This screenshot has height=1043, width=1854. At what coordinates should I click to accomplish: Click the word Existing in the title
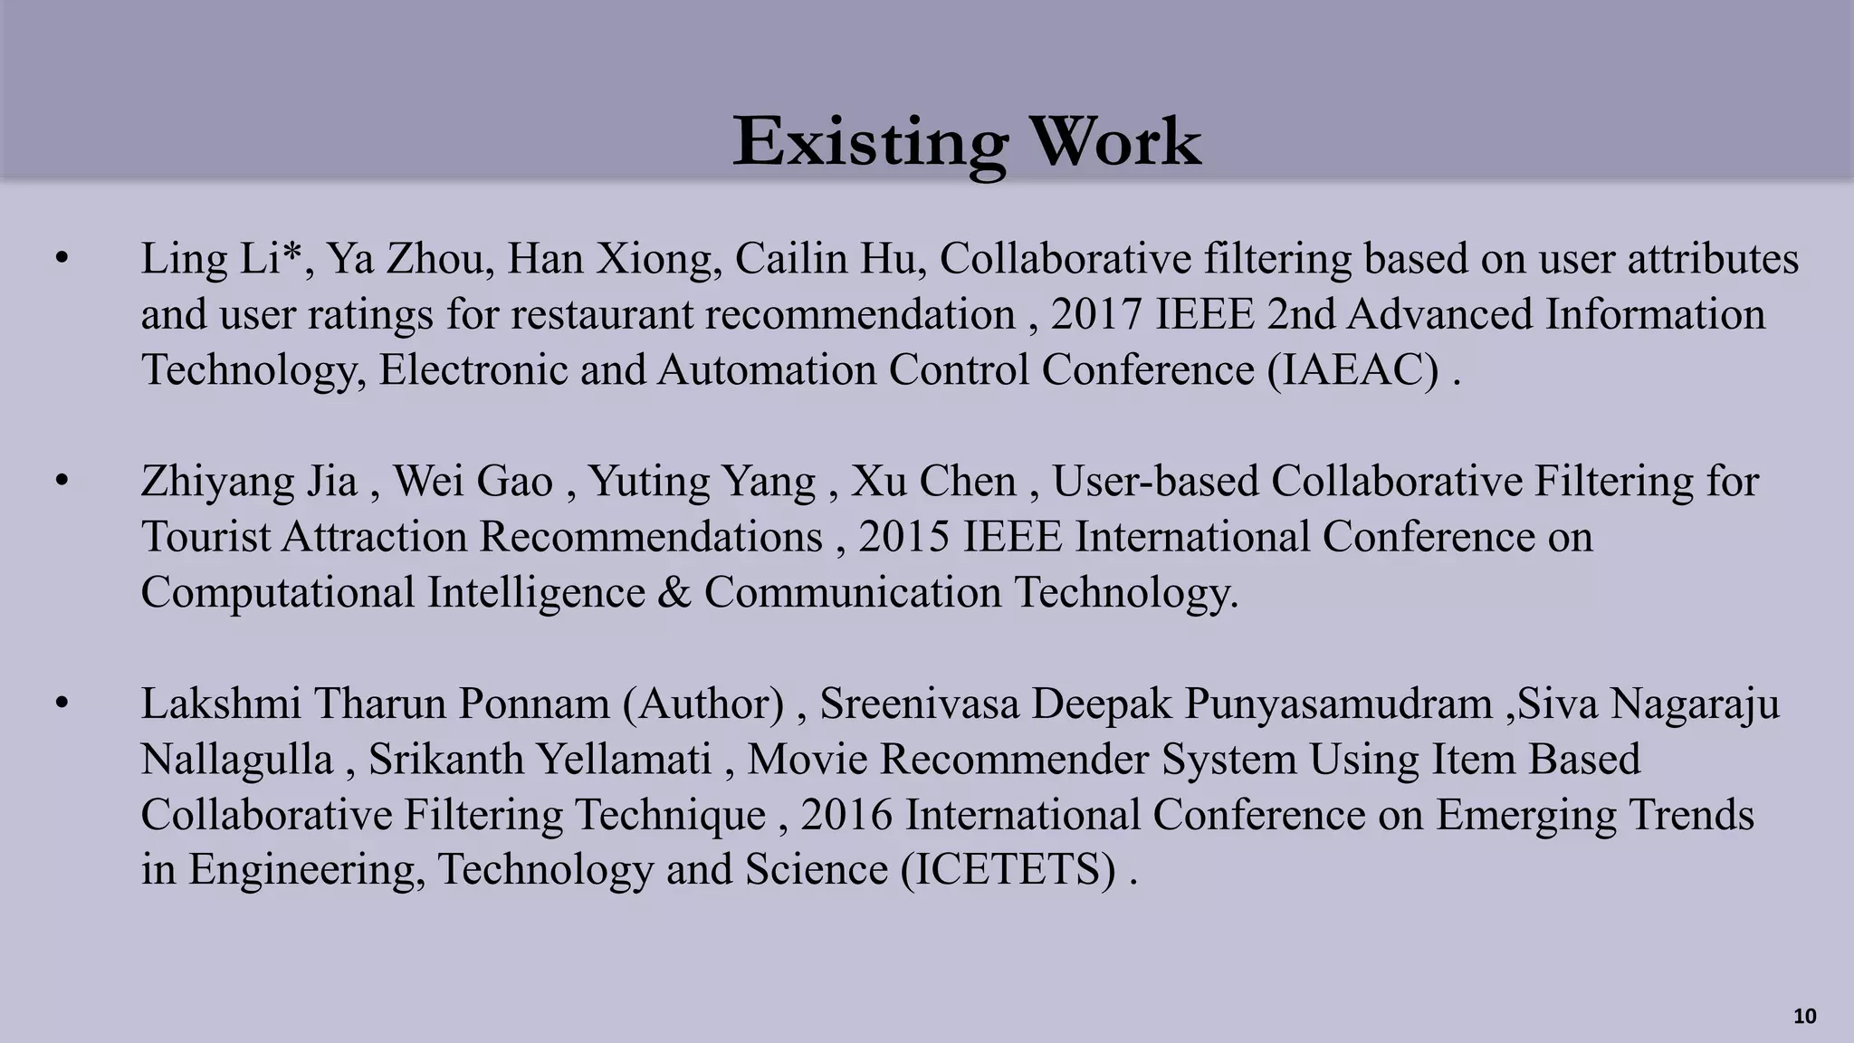coord(869,143)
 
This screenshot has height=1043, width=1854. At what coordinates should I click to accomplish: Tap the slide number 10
coord(1804,1017)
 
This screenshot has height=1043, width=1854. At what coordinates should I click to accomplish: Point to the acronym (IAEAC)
coord(1353,370)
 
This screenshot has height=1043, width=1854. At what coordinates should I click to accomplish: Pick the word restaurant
coord(607,315)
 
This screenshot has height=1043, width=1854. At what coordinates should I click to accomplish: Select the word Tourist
coord(205,537)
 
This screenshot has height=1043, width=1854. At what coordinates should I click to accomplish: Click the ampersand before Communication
coord(674,593)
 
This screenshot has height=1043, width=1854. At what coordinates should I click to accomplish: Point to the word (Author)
coord(703,704)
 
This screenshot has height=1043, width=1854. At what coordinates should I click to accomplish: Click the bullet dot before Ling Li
coord(62,260)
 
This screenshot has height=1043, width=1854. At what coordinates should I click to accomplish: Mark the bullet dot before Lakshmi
coord(62,704)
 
